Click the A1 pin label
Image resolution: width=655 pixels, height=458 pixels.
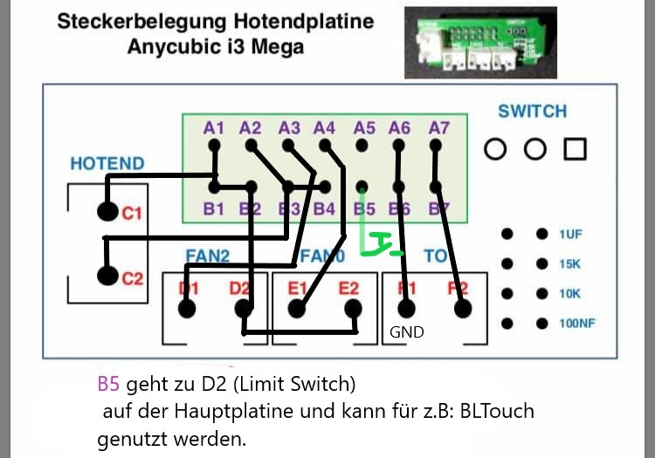coord(214,128)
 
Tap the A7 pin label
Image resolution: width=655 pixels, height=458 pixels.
coord(439,128)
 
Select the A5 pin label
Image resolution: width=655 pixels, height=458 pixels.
coord(364,128)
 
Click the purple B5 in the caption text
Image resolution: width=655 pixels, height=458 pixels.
coord(108,384)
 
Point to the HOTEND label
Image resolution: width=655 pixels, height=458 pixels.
coord(107,163)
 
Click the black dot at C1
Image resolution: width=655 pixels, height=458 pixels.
coord(107,211)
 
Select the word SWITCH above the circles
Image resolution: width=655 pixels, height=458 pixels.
coord(532,112)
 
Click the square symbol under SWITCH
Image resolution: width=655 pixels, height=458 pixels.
coord(575,149)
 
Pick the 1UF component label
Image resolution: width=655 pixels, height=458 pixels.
coord(570,234)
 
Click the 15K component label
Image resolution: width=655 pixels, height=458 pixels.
coord(570,263)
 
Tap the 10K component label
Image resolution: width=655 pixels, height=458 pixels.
coord(570,293)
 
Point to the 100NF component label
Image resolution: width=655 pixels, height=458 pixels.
coord(577,324)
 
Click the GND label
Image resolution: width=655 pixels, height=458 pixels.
coord(407,332)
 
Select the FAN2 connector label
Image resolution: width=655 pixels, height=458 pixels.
coord(207,256)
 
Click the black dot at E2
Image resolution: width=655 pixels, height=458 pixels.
coord(353,308)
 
